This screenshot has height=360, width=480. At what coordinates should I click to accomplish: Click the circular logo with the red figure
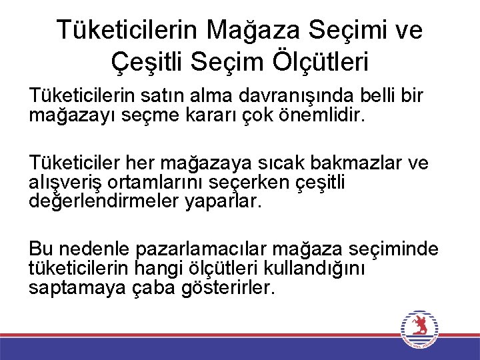pyautogui.click(x=419, y=329)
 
